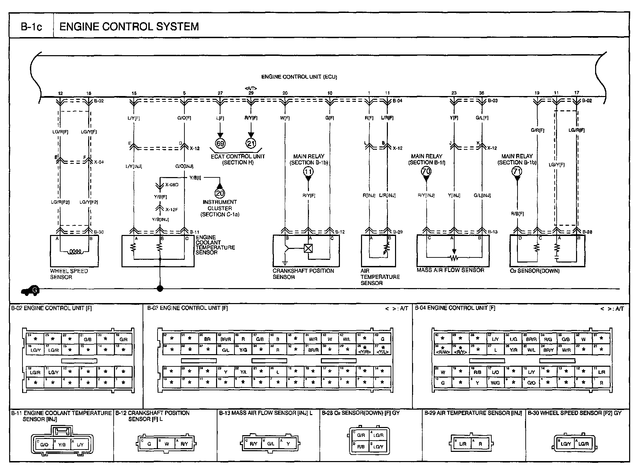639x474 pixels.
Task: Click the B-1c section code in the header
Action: click(31, 27)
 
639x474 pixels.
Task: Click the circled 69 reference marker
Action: click(220, 143)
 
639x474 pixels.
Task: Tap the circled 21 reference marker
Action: click(251, 143)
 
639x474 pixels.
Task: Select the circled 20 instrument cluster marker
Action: click(220, 193)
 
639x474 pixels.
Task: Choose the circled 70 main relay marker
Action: click(426, 171)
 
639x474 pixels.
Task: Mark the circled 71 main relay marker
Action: click(517, 171)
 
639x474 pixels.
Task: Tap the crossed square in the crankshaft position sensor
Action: click(308, 248)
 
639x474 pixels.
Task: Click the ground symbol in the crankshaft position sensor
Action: click(285, 263)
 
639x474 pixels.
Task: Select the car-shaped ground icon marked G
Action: click(30, 290)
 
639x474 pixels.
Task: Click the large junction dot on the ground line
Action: click(160, 289)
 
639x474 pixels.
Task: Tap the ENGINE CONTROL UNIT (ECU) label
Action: click(299, 77)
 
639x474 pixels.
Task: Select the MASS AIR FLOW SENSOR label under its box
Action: click(450, 270)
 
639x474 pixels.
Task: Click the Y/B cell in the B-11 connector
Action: click(62, 444)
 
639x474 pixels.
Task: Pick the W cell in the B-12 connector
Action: click(167, 444)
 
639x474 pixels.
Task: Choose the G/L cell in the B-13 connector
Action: click(271, 444)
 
